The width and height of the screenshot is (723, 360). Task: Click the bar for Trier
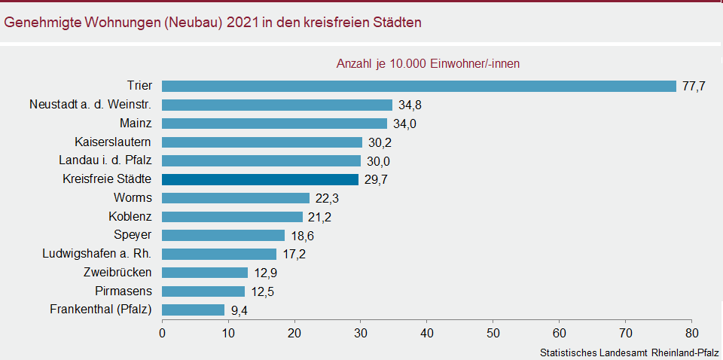(419, 86)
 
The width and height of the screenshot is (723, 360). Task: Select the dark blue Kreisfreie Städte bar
(260, 179)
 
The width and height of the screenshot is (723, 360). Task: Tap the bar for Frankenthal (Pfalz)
(193, 310)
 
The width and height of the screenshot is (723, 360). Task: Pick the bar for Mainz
(274, 124)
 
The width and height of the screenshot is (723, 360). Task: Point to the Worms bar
(236, 198)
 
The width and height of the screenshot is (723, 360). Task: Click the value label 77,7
(694, 87)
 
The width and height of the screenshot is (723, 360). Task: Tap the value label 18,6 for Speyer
(303, 236)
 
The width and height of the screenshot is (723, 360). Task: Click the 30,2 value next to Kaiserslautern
(380, 142)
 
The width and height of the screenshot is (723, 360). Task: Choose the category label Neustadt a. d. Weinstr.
(90, 104)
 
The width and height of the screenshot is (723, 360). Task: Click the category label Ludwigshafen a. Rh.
(97, 253)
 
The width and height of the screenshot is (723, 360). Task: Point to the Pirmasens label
(124, 291)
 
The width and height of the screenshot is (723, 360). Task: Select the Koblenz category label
(130, 216)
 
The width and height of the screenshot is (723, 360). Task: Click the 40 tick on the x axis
(427, 332)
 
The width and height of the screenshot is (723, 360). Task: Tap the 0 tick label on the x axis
(162, 332)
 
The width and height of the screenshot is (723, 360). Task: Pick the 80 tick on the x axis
(691, 332)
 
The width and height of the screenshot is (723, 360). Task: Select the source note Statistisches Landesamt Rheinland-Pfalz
(629, 352)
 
